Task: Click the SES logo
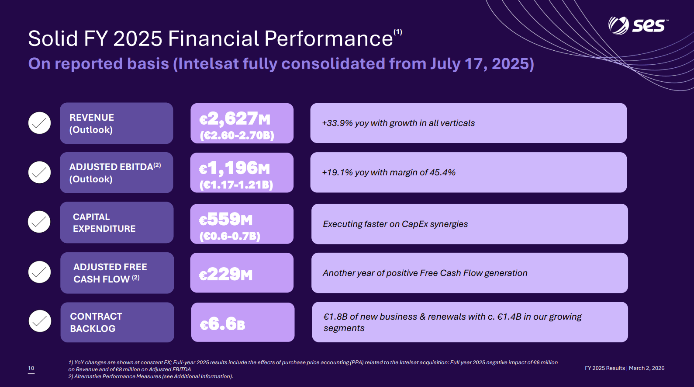[637, 25]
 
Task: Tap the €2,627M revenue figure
[235, 119]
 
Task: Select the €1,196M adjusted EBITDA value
[235, 168]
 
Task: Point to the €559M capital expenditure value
[226, 219]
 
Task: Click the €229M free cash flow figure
[226, 274]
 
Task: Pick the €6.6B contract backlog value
[222, 324]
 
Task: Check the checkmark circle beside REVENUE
[40, 123]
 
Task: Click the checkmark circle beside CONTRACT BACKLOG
[40, 321]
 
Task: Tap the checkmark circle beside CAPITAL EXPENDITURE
[39, 222]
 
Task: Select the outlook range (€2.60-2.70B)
[237, 136]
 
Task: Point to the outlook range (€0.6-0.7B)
[230, 236]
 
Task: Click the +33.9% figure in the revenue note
[337, 123]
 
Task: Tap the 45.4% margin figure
[442, 173]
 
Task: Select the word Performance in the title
[328, 38]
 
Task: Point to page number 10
[31, 368]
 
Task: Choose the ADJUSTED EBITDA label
[111, 167]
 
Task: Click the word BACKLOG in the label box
[93, 329]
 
